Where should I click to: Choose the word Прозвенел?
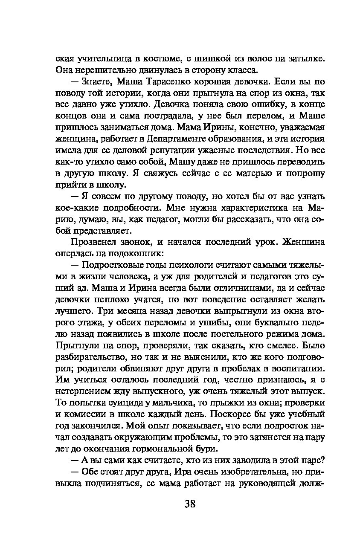pos(93,242)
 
